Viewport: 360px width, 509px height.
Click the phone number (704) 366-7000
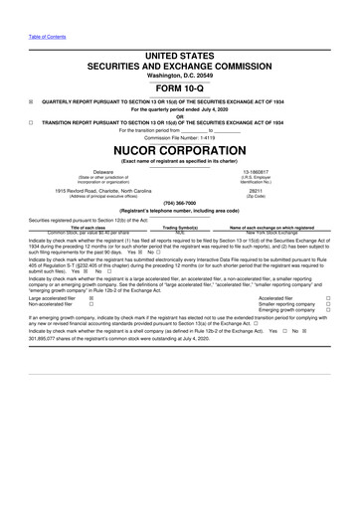click(179, 203)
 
